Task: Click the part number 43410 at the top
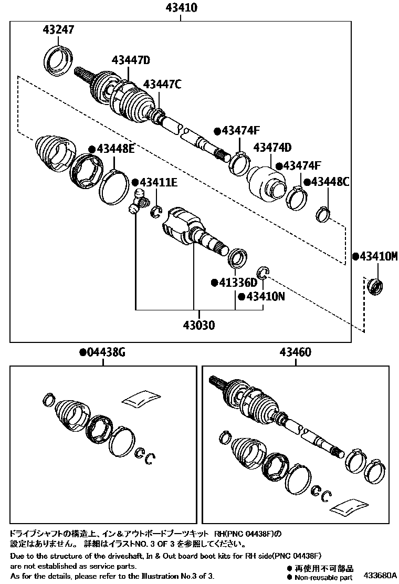(x=180, y=8)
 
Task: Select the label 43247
(x=58, y=30)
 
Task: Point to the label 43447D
(x=130, y=61)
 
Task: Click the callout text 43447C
(x=162, y=84)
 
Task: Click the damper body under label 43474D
(x=266, y=184)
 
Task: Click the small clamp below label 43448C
(x=323, y=214)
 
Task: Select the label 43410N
(x=261, y=297)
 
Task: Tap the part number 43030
(x=198, y=325)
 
